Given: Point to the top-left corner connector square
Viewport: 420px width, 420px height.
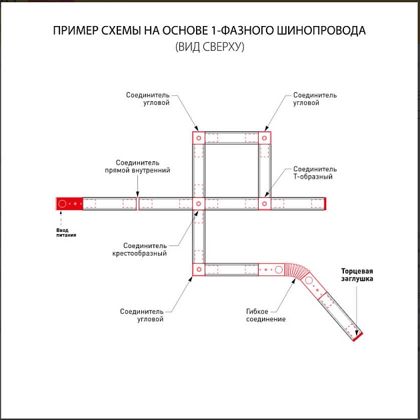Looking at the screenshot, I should [199, 138].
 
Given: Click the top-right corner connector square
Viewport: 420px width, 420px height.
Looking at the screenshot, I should [265, 138].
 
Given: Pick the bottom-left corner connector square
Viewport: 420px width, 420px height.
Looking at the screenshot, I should [199, 269].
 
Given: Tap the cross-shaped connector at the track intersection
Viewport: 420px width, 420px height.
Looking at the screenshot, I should [199, 203].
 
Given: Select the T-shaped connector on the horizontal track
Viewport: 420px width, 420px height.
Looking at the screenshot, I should [265, 203].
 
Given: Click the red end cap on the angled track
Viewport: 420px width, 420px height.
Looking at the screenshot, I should [358, 337].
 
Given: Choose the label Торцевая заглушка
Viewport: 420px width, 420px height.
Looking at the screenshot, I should [357, 275].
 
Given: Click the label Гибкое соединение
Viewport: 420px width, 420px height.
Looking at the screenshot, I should [265, 315].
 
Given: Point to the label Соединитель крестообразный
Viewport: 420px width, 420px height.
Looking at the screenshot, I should [139, 249].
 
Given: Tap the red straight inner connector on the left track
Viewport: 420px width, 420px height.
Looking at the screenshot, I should [137, 203].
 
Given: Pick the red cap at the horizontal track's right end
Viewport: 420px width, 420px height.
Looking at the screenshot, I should [325, 203].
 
